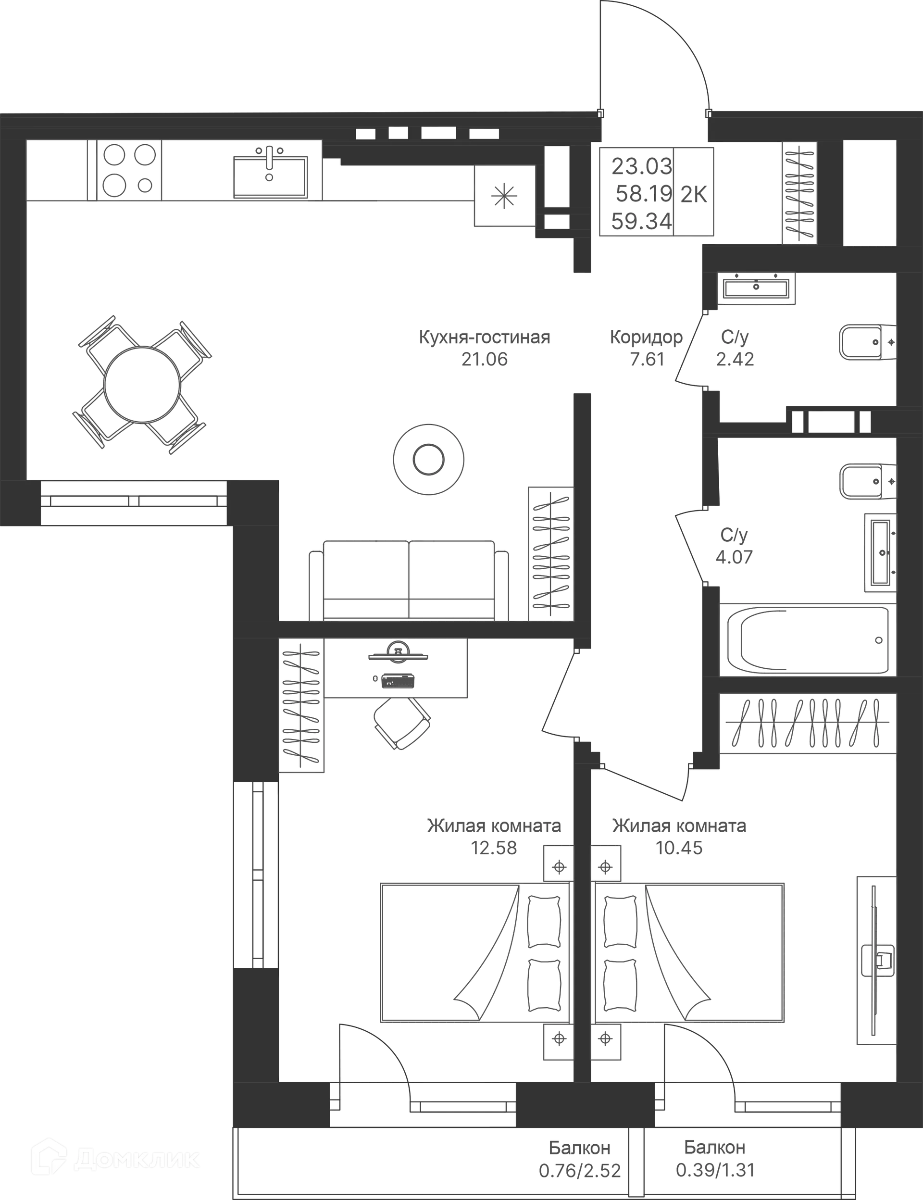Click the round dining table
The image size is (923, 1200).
point(142,385)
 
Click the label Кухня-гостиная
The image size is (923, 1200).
point(485,337)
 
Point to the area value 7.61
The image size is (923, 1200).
point(647,359)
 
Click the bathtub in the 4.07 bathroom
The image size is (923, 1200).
point(808,639)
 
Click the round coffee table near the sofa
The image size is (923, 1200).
point(428,459)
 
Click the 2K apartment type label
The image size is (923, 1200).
point(693,195)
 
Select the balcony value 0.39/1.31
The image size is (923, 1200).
point(715,1170)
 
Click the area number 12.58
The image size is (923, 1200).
point(494,848)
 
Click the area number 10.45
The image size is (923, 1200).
point(679,848)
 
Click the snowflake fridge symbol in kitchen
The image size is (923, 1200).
point(504,197)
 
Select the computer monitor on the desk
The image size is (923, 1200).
point(399,651)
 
